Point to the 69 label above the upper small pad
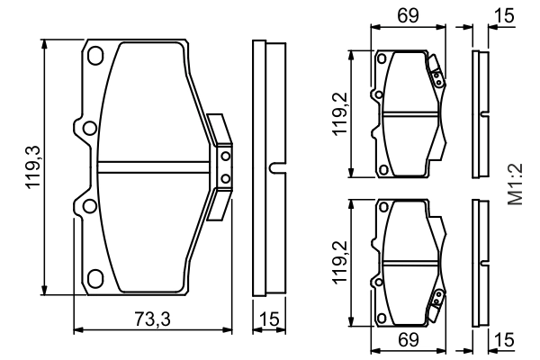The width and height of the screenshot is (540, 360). coord(409,16)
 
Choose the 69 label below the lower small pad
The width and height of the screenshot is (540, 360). coord(409,340)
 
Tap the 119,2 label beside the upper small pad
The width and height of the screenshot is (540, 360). coord(340,112)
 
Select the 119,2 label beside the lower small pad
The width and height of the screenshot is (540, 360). coord(340,261)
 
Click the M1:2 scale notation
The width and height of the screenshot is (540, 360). coord(515,185)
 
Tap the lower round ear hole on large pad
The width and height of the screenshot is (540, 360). coord(87,207)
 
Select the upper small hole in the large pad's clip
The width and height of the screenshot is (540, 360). coord(225,156)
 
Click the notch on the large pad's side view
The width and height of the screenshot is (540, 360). coord(275,166)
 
